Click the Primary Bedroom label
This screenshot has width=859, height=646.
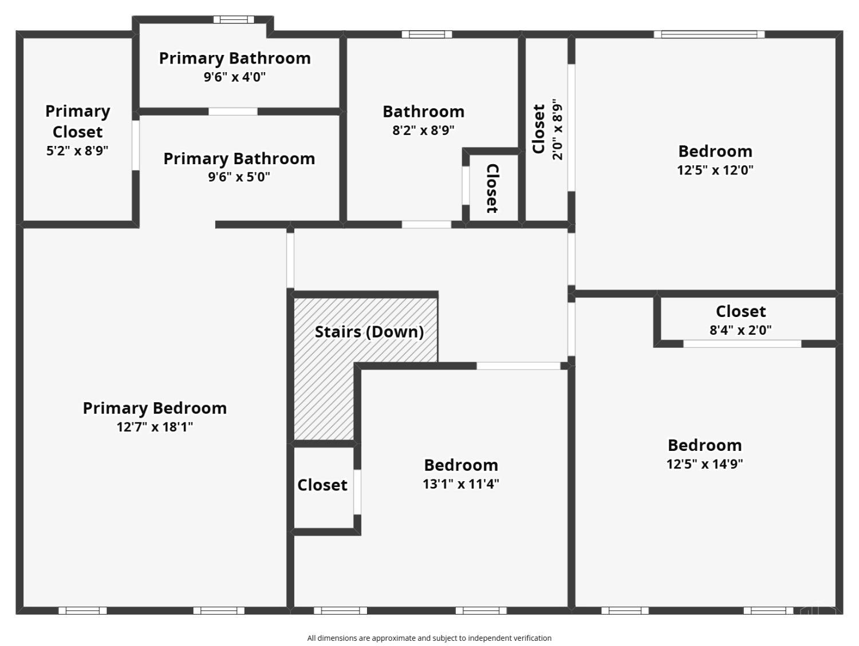tap(155, 408)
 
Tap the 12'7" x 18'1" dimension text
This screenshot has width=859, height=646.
tap(155, 427)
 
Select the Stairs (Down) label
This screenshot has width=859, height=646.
tap(369, 332)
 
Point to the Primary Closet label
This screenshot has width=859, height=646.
tap(77, 121)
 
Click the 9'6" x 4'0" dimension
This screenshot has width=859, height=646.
tap(235, 77)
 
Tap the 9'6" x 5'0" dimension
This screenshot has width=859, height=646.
tap(239, 177)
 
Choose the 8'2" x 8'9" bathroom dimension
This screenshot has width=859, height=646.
tap(423, 130)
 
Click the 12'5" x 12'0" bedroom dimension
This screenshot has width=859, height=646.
tap(715, 170)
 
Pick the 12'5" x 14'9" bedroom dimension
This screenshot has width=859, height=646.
tap(704, 464)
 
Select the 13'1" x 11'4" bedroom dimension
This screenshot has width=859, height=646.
tap(460, 484)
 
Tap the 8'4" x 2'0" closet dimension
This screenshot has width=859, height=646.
tap(740, 330)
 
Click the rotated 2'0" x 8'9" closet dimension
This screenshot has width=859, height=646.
tap(558, 130)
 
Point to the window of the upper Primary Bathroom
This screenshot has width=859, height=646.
tap(234, 19)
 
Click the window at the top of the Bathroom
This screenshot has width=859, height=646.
tap(427, 34)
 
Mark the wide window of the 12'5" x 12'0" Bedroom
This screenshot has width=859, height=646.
tap(709, 34)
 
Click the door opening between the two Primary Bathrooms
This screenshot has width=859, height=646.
tap(233, 112)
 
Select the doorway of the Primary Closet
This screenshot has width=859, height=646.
tap(136, 145)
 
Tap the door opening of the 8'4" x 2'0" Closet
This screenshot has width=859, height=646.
tap(742, 344)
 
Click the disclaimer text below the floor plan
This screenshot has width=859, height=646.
tap(429, 638)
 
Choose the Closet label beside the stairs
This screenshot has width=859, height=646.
tap(322, 485)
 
